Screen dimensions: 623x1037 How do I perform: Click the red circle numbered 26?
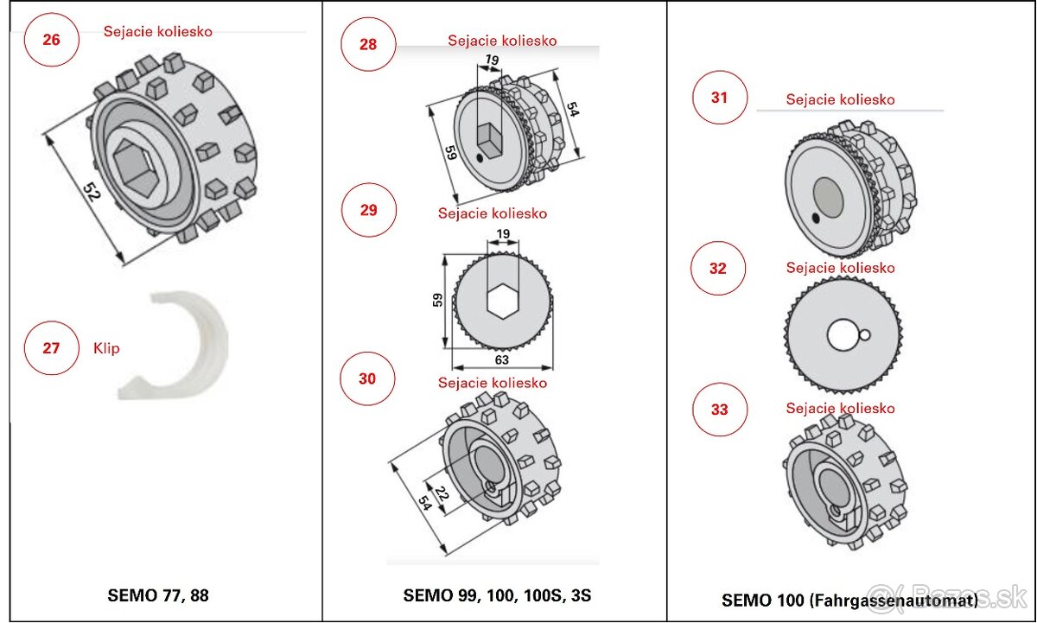click(x=52, y=40)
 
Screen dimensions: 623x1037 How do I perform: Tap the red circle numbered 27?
click(x=52, y=348)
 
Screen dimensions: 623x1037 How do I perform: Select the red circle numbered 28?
click(x=368, y=44)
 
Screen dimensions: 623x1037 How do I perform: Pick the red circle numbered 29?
click(x=369, y=210)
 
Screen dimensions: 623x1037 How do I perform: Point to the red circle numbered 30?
click(x=367, y=378)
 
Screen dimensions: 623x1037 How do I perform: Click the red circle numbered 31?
click(x=720, y=98)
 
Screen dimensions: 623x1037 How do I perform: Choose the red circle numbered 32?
click(x=718, y=269)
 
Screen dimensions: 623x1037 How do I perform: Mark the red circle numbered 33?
click(x=720, y=410)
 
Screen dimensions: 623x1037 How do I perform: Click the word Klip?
click(x=106, y=349)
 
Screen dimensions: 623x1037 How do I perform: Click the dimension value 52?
click(x=92, y=192)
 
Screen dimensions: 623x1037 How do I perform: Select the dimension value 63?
click(x=501, y=359)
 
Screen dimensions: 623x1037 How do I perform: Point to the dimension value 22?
click(x=441, y=494)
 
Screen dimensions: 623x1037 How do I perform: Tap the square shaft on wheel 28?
click(x=489, y=138)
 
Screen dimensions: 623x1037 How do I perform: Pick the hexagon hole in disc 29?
click(x=501, y=302)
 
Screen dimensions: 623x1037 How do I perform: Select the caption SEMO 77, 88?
click(x=158, y=595)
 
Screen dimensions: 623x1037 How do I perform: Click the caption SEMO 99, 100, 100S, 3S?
click(x=497, y=595)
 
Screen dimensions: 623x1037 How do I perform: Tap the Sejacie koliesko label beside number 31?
click(x=840, y=99)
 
